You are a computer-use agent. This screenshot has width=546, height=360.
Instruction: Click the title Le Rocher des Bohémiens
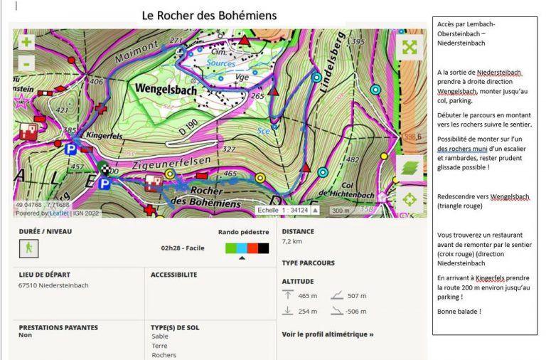(x=209, y=15)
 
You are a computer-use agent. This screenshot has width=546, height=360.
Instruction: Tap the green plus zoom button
(x=26, y=41)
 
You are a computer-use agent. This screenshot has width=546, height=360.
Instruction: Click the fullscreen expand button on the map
(x=409, y=47)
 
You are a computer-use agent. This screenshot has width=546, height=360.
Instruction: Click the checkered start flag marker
(x=105, y=169)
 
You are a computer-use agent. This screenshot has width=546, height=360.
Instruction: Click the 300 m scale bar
(x=341, y=211)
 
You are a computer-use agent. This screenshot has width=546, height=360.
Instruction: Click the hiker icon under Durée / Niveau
(x=28, y=248)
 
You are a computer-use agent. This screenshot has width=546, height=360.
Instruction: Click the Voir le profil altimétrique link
(x=327, y=334)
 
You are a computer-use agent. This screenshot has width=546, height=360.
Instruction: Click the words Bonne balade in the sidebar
(x=459, y=312)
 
